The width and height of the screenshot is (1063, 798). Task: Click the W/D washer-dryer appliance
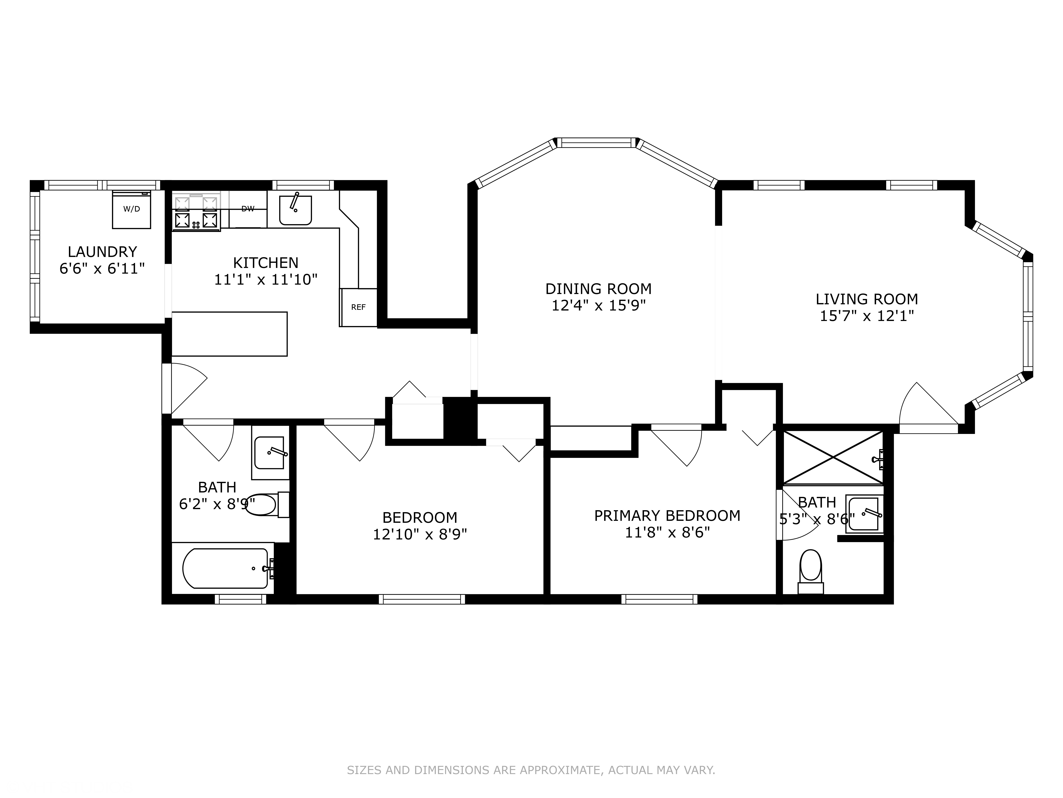tap(131, 209)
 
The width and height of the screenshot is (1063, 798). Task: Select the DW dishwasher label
tap(248, 209)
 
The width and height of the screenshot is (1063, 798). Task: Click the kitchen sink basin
tap(296, 210)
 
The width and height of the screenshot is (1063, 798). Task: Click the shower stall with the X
tap(833, 457)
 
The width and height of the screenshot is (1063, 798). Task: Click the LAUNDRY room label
tap(102, 252)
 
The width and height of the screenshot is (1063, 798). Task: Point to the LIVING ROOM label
tap(867, 299)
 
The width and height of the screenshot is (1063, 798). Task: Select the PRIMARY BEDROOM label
tap(667, 516)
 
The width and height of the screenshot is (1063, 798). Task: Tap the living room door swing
tap(929, 404)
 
